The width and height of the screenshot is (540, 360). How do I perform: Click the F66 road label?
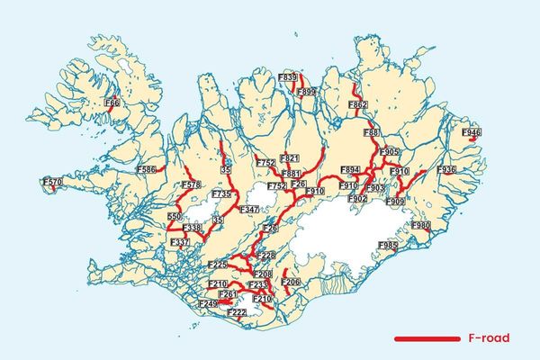point(112,103)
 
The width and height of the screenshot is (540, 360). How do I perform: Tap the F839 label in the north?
point(289,78)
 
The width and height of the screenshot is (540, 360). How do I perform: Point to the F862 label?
point(357,106)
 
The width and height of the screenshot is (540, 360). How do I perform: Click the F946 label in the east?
point(471,133)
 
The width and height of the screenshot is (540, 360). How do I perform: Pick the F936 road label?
point(446,169)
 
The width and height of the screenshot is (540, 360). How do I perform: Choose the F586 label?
point(146,169)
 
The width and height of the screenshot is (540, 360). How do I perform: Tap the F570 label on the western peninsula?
point(53,183)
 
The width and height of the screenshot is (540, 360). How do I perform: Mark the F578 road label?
point(190,185)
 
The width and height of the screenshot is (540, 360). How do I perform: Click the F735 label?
point(221,194)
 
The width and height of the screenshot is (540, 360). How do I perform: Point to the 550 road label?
point(175,218)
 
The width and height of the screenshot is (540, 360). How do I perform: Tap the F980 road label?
point(421,225)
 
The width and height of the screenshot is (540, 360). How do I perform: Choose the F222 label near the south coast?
point(238,312)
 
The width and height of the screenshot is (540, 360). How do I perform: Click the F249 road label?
point(208,304)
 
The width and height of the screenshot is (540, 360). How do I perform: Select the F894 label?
point(350,169)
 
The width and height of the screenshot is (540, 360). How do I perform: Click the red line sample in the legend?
point(427,338)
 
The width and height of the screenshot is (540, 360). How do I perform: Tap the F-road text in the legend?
point(490,338)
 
